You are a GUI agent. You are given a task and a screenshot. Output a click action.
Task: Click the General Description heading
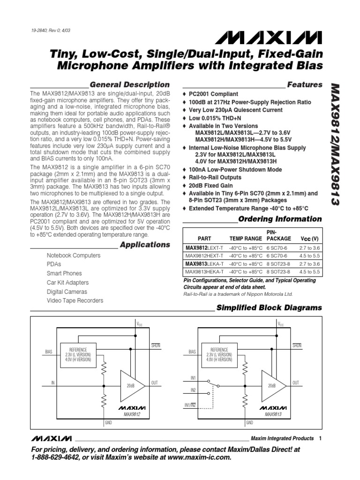point(129,85)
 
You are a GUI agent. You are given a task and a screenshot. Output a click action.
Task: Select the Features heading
point(305,85)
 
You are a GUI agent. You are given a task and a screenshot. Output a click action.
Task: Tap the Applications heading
point(145,245)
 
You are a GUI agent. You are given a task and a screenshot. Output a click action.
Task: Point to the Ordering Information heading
point(280,219)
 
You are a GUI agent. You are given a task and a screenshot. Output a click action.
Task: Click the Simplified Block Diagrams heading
point(269,308)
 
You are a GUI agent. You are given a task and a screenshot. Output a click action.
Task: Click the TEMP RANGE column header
point(245,239)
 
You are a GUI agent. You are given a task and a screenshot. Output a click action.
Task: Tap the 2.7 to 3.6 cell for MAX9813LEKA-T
point(309,264)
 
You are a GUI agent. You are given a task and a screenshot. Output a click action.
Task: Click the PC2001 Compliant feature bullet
point(213,94)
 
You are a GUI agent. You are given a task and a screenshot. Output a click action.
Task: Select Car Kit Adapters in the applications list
point(67,283)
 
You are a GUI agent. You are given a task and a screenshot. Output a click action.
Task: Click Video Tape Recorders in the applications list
point(75,300)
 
